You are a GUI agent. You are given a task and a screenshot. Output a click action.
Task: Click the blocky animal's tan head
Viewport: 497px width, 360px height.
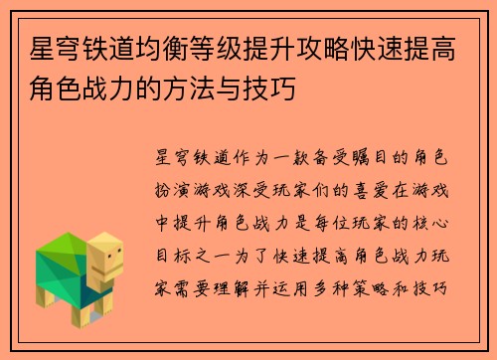pos(103,261)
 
